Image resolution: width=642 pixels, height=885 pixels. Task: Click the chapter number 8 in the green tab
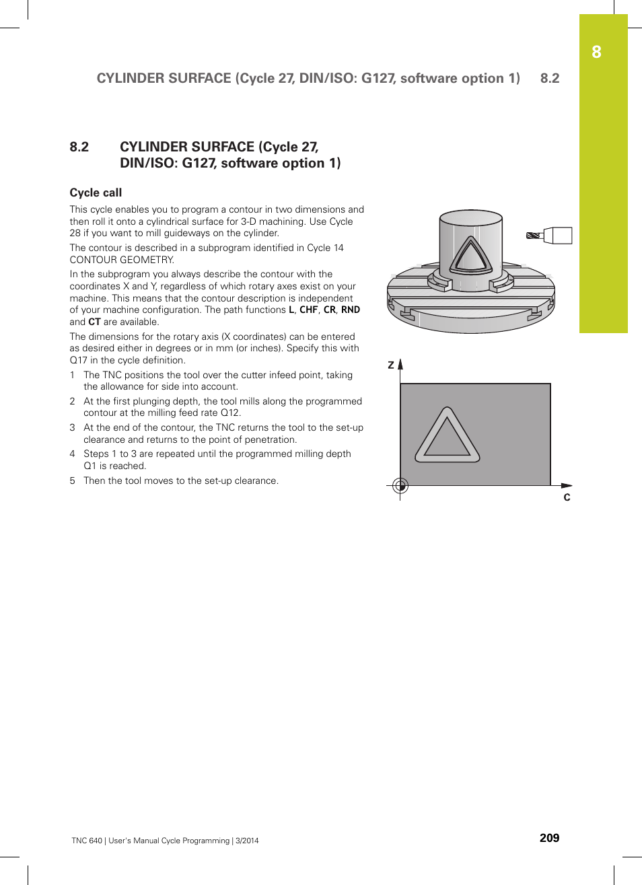pyautogui.click(x=596, y=52)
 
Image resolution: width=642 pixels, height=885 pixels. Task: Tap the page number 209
pyautogui.click(x=549, y=838)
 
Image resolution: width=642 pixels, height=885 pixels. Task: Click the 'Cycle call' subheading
pyautogui.click(x=96, y=192)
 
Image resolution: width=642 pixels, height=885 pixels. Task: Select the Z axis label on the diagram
pyautogui.click(x=391, y=365)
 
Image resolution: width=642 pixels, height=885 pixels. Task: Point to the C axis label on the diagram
pyautogui.click(x=567, y=497)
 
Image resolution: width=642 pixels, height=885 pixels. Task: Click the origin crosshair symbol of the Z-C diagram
pyautogui.click(x=400, y=485)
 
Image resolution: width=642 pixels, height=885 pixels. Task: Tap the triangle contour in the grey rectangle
pyautogui.click(x=448, y=437)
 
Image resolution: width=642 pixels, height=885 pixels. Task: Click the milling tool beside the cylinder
pyautogui.click(x=549, y=236)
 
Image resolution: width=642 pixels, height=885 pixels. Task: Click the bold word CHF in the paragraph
pyautogui.click(x=309, y=310)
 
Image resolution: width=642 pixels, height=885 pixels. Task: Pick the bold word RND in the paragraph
pyautogui.click(x=351, y=310)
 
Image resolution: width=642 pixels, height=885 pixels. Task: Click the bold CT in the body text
pyautogui.click(x=94, y=322)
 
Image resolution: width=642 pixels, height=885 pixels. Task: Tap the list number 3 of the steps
pyautogui.click(x=73, y=427)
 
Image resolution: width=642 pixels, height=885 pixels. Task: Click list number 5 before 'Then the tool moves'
pyautogui.click(x=73, y=481)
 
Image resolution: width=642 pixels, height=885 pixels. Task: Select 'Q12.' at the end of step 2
pyautogui.click(x=230, y=413)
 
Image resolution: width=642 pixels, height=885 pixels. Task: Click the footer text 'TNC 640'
pyautogui.click(x=87, y=841)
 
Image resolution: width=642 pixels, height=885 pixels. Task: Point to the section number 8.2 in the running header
pyautogui.click(x=550, y=78)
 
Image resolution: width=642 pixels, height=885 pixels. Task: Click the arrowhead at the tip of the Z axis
pyautogui.click(x=400, y=364)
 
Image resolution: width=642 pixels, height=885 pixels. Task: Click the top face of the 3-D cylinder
pyautogui.click(x=471, y=218)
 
